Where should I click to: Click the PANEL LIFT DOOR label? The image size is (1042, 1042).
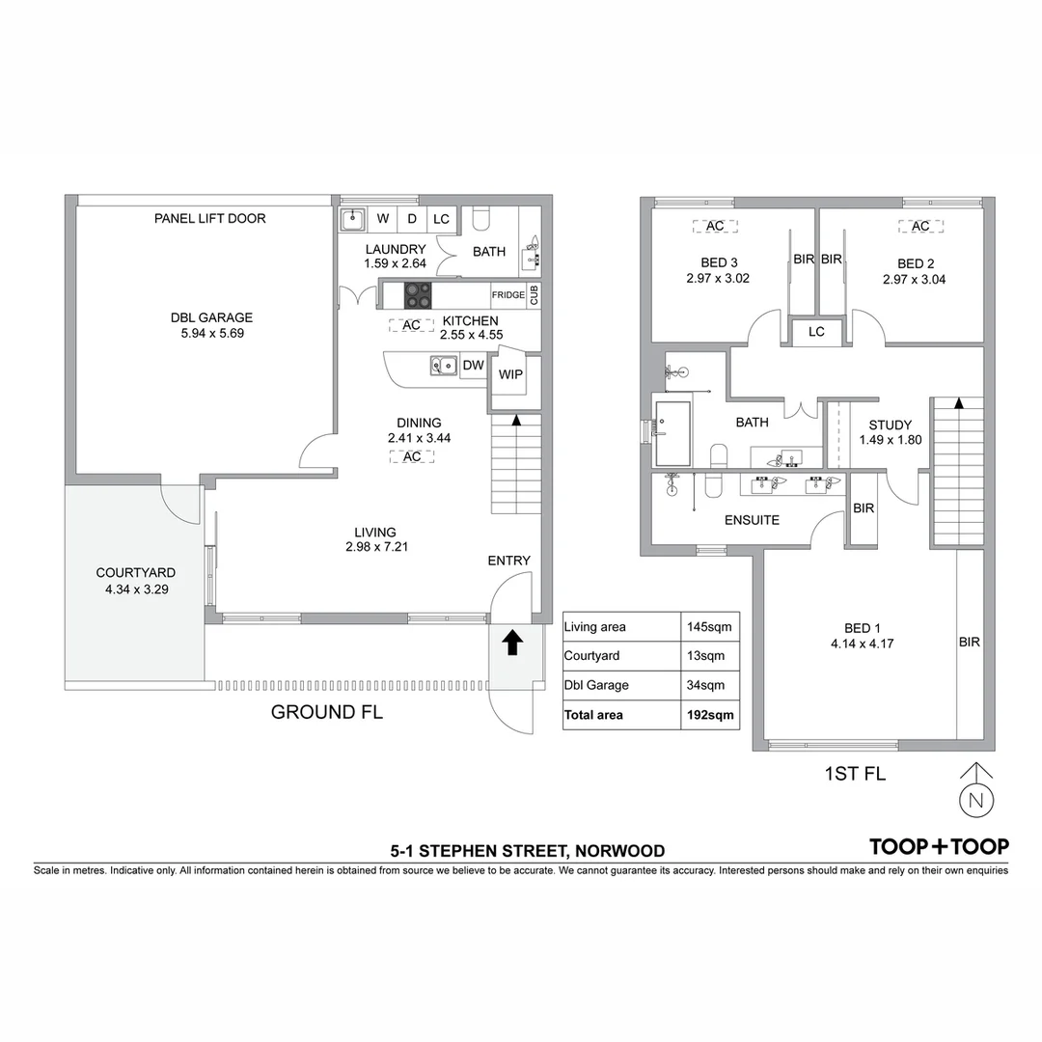209,219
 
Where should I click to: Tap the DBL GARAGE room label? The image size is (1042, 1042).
211,316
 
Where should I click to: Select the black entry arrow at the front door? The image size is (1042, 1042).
512,643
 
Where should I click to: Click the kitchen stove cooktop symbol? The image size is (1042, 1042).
418,294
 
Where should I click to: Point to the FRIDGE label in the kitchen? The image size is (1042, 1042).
507,295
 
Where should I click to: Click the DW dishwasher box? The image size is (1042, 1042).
473,366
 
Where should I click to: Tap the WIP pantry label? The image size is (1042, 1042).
510,374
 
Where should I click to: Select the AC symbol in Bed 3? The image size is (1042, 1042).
715,226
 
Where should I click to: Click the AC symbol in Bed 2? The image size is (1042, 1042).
920,226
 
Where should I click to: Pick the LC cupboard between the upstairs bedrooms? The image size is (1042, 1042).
816,332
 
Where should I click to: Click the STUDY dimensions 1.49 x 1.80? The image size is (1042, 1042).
890,440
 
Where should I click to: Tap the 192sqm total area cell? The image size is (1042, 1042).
709,715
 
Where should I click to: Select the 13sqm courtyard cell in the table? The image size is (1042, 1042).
709,656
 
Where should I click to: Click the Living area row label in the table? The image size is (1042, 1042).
595,627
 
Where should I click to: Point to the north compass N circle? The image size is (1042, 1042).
976,800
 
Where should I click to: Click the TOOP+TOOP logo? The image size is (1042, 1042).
939,846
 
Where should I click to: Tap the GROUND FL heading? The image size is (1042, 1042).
327,713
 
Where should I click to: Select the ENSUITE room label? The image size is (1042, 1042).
752,520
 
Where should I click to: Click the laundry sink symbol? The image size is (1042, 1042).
352,219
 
